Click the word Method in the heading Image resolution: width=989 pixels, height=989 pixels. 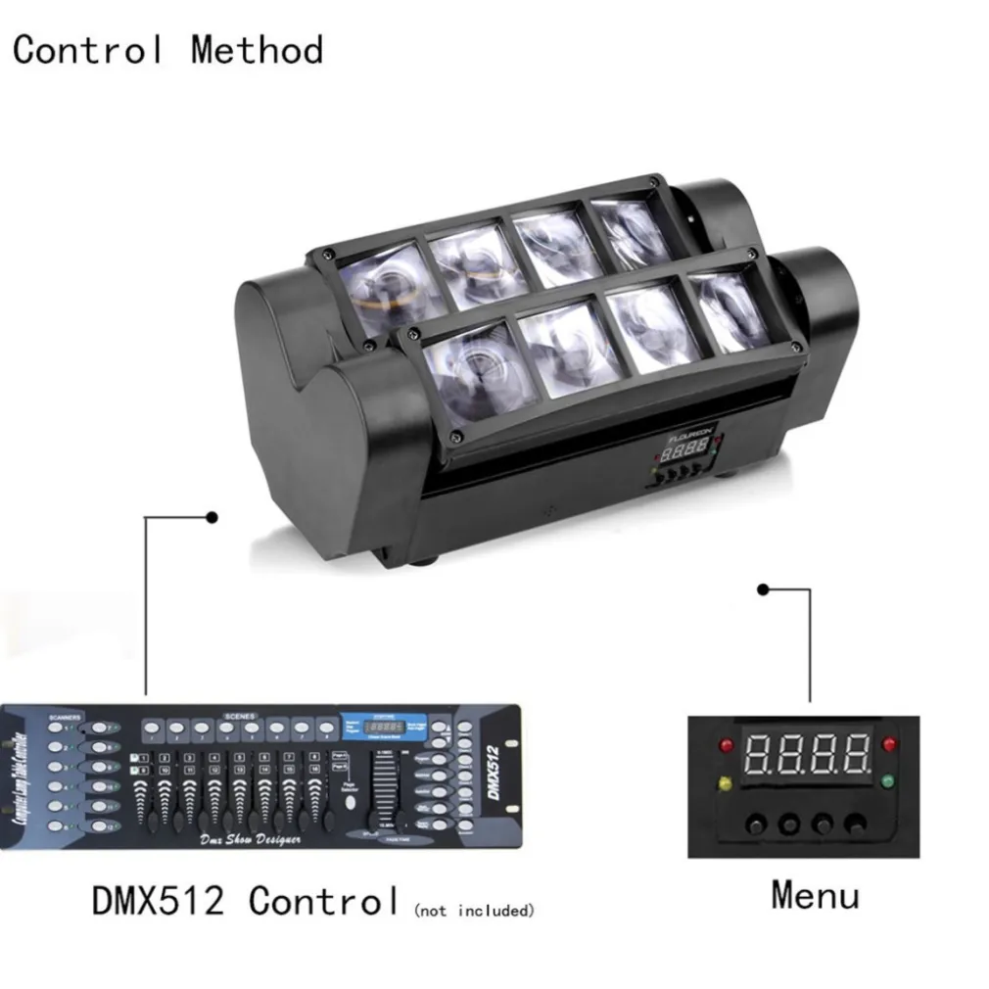pyautogui.click(x=257, y=49)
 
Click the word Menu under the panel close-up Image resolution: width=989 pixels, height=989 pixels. pyautogui.click(x=815, y=894)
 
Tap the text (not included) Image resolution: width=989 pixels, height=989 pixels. pyautogui.click(x=475, y=911)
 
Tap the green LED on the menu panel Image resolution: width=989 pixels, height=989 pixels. pyautogui.click(x=888, y=781)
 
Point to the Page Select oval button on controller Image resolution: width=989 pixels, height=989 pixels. pyautogui.click(x=349, y=802)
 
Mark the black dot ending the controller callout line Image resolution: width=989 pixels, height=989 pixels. pyautogui.click(x=212, y=515)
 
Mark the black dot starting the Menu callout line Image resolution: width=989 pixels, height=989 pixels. pyautogui.click(x=764, y=589)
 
